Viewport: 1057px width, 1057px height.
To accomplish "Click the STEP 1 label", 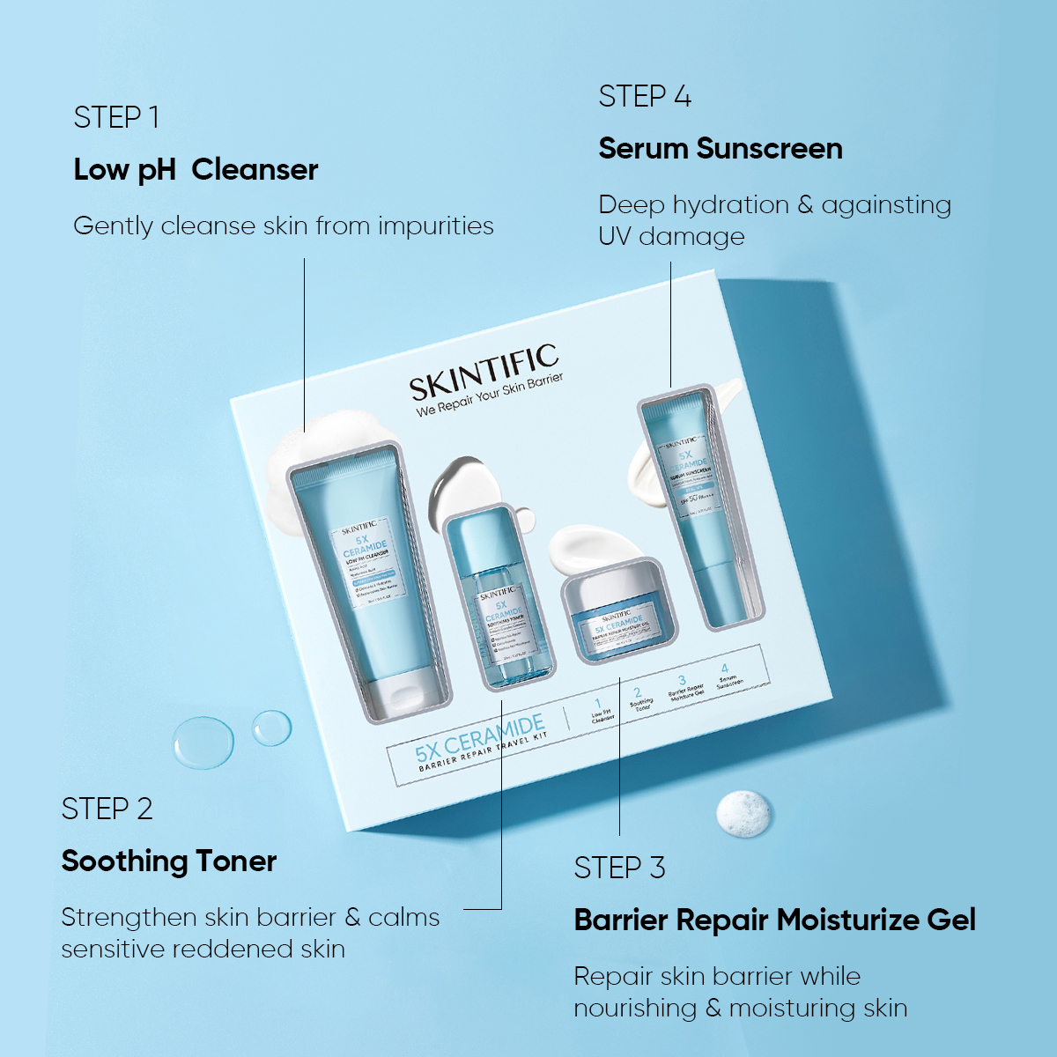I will coord(116,117).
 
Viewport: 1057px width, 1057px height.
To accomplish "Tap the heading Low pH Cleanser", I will coord(196,169).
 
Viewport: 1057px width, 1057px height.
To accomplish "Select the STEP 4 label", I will coord(645,96).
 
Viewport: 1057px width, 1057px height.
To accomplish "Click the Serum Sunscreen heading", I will coord(721,148).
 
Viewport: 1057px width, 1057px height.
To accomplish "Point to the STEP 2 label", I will coord(107,809).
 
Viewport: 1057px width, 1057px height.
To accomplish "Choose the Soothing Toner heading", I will coord(169,861).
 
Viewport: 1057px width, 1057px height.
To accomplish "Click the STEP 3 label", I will coord(619,868).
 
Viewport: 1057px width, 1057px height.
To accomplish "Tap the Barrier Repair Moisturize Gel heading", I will coord(775,920).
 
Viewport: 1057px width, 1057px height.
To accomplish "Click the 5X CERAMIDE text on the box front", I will coord(480,738).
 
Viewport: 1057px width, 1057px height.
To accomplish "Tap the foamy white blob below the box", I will coord(745,812).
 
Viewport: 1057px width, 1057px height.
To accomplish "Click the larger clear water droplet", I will coord(203,741).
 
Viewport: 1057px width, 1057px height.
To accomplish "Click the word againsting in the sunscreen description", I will coord(886,205).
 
